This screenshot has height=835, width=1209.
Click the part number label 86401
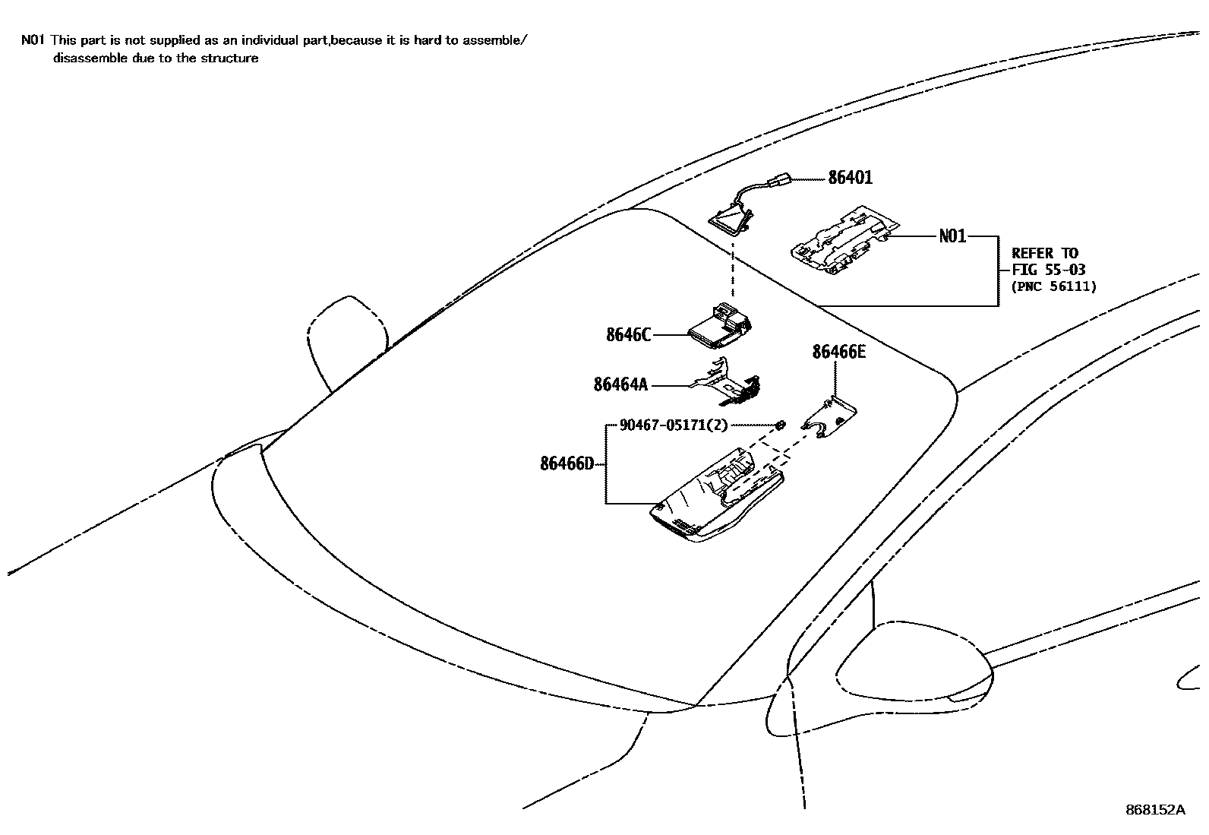[x=850, y=178]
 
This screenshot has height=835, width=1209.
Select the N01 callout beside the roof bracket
[x=952, y=236]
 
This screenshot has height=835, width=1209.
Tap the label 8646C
[x=628, y=334]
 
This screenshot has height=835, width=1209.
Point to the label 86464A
[x=620, y=385]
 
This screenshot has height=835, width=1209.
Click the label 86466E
[x=838, y=352]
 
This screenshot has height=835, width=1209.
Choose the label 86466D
[x=567, y=463]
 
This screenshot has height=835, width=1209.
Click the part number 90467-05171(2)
[x=673, y=425]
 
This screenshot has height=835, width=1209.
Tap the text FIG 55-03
[x=1048, y=270]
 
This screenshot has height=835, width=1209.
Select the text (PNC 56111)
[x=1053, y=286]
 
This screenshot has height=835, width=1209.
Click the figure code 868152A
[x=1154, y=810]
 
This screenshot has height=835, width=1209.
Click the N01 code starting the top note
[x=33, y=40]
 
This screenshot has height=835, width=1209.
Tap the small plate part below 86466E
[x=831, y=419]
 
